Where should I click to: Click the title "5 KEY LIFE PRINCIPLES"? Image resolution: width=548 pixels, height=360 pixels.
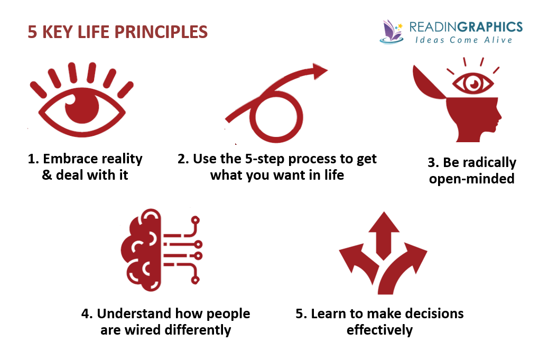pos(117,32)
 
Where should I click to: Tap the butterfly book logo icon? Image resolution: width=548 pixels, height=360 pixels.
pos(391,31)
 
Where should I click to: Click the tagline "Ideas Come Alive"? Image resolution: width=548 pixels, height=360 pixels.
pos(463,40)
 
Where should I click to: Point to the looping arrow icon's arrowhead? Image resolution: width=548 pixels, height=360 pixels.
pos(319,71)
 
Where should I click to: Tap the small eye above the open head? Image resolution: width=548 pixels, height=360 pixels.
pos(470,83)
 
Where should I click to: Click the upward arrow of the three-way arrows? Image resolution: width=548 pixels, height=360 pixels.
pos(384,230)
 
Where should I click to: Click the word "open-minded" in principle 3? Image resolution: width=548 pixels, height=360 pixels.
pos(471,178)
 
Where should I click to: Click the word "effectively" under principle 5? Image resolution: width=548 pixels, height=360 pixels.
pos(379,330)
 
